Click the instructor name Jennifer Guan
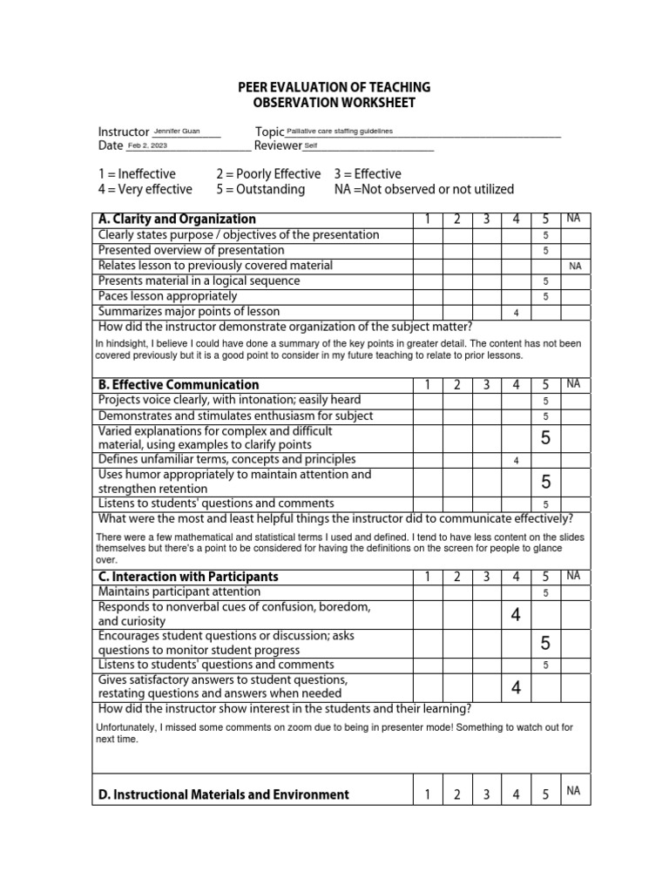point(176,132)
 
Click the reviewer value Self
point(311,146)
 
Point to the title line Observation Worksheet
point(334,103)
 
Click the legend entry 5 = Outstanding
point(260,189)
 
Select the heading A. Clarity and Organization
point(177,220)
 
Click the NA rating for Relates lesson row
point(575,267)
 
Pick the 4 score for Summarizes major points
point(516,313)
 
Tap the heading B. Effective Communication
point(179,385)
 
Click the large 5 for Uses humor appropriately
point(545,482)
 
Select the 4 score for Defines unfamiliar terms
point(516,461)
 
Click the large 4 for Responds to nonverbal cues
point(516,616)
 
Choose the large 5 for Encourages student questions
point(545,644)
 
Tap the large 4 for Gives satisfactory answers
point(516,688)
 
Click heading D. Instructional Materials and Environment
point(224,794)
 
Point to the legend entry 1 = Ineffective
point(137,174)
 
